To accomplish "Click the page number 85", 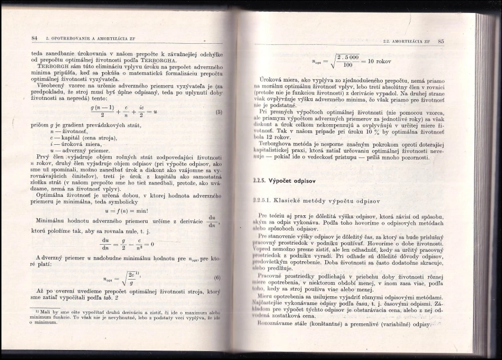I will pyautogui.click(x=441, y=41).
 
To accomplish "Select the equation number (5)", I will pyautogui.click(x=219, y=112).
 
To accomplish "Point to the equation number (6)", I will pyautogui.click(x=217, y=278).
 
